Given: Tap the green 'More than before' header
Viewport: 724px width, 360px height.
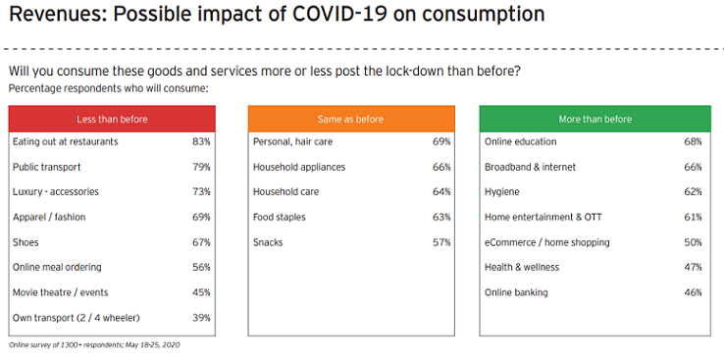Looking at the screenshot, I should pyautogui.click(x=595, y=119).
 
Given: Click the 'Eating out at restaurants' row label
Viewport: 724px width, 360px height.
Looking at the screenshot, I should pyautogui.click(x=65, y=141).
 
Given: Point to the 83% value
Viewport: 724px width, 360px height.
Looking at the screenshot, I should pyautogui.click(x=201, y=141).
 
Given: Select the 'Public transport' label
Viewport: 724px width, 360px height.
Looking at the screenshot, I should pyautogui.click(x=46, y=167).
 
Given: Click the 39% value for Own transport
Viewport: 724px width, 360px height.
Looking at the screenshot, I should pyautogui.click(x=201, y=318).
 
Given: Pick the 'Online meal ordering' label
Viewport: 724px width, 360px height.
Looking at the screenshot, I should pyautogui.click(x=57, y=268).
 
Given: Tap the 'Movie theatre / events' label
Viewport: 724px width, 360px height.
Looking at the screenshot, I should pyautogui.click(x=61, y=292).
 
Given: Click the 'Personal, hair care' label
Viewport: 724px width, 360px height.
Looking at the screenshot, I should pyautogui.click(x=292, y=141).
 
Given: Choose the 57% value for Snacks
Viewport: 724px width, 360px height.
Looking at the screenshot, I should pyautogui.click(x=441, y=242).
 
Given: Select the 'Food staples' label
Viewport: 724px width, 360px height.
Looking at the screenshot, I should pyautogui.click(x=280, y=217).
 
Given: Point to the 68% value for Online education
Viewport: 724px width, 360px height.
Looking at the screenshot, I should pyautogui.click(x=694, y=141).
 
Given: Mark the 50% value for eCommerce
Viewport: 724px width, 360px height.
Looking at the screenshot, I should pyautogui.click(x=694, y=242).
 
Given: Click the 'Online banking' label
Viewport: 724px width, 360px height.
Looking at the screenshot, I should pyautogui.click(x=517, y=292).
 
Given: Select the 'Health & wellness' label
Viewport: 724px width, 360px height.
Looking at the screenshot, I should pyautogui.click(x=522, y=268).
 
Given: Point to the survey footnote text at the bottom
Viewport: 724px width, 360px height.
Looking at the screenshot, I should pyautogui.click(x=95, y=345).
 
